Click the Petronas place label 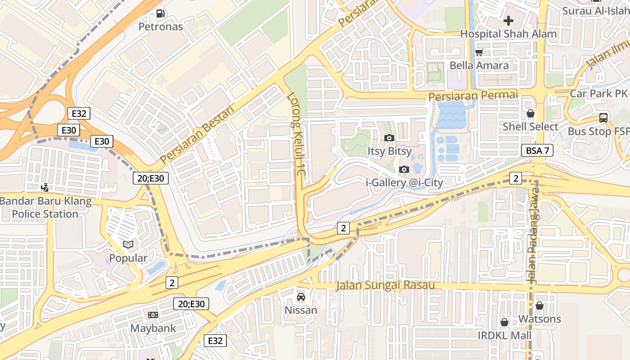click(161, 27)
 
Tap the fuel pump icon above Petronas click(160, 13)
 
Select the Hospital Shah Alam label click(508, 34)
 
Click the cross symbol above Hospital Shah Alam click(508, 20)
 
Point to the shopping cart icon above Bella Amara click(479, 52)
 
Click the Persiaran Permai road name click(473, 96)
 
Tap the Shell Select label click(530, 126)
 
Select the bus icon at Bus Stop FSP click(603, 118)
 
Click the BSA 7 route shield click(537, 150)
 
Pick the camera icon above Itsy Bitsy click(389, 138)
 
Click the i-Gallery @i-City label click(404, 183)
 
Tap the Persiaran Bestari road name click(198, 135)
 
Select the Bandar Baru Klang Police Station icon click(45, 187)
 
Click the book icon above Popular click(128, 244)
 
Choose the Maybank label click(153, 328)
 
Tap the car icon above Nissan click(301, 297)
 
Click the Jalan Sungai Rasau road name click(386, 286)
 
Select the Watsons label click(540, 319)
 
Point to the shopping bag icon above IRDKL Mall click(504, 322)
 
